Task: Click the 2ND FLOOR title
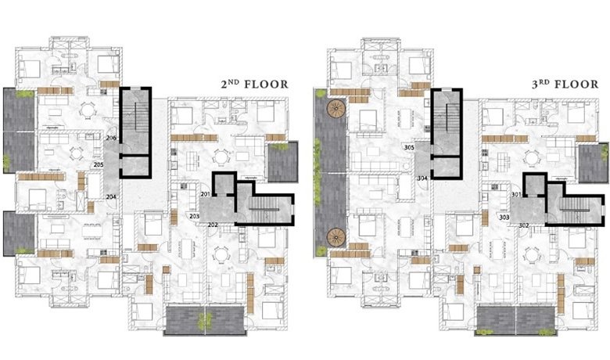click(254, 84)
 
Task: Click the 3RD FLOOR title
click(565, 84)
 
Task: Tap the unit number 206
click(111, 138)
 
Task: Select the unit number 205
click(99, 165)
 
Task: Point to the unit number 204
click(111, 197)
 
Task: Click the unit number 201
click(206, 194)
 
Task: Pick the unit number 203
click(195, 216)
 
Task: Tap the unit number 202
click(213, 225)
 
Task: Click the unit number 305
click(409, 147)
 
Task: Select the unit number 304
click(422, 178)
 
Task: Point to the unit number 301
click(517, 194)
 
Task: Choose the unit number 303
click(504, 217)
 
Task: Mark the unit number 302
click(524, 225)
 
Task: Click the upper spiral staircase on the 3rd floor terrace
click(336, 108)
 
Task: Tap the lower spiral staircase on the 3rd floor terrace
click(336, 237)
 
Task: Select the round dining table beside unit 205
click(77, 153)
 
